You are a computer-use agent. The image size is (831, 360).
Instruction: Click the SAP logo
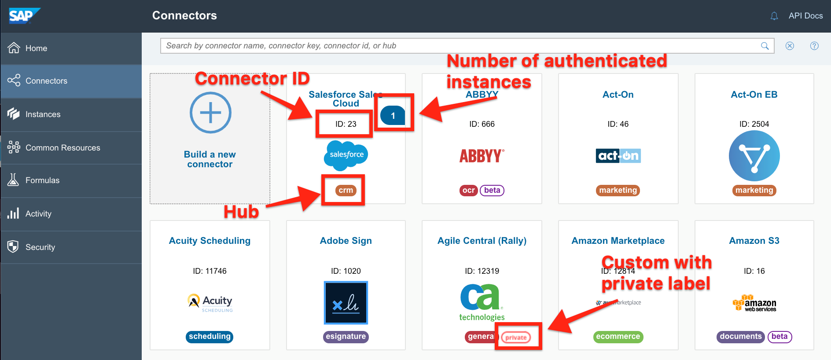pyautogui.click(x=23, y=16)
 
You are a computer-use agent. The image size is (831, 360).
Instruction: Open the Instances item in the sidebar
pyautogui.click(x=43, y=114)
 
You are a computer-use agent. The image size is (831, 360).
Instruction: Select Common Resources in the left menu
pyautogui.click(x=63, y=148)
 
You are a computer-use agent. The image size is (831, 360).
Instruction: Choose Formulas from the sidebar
pyautogui.click(x=42, y=180)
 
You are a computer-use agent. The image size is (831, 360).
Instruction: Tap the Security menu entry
pyautogui.click(x=40, y=247)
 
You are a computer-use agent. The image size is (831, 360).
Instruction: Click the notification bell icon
pyautogui.click(x=774, y=16)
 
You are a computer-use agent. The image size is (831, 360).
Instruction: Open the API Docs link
pyautogui.click(x=805, y=16)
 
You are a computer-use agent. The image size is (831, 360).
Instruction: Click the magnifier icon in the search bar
pyautogui.click(x=765, y=46)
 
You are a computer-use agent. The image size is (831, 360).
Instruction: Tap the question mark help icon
pyautogui.click(x=814, y=46)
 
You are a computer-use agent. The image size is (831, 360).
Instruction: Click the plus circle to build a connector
pyautogui.click(x=210, y=113)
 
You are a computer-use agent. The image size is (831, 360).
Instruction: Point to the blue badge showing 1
pyautogui.click(x=393, y=116)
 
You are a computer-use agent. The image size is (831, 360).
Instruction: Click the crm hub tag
pyautogui.click(x=346, y=190)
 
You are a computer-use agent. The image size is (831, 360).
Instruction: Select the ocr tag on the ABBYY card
pyautogui.click(x=468, y=190)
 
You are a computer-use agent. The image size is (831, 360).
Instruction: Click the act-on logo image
pyautogui.click(x=618, y=156)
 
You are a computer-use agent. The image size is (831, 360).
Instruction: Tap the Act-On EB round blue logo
pyautogui.click(x=754, y=156)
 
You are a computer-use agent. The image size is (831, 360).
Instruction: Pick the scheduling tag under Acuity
pyautogui.click(x=210, y=337)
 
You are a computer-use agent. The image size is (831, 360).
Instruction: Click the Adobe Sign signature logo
pyautogui.click(x=346, y=303)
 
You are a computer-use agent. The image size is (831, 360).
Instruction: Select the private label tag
pyautogui.click(x=516, y=338)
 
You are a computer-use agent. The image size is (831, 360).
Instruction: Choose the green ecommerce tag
pyautogui.click(x=618, y=337)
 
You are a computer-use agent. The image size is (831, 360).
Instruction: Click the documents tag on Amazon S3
pyautogui.click(x=741, y=337)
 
